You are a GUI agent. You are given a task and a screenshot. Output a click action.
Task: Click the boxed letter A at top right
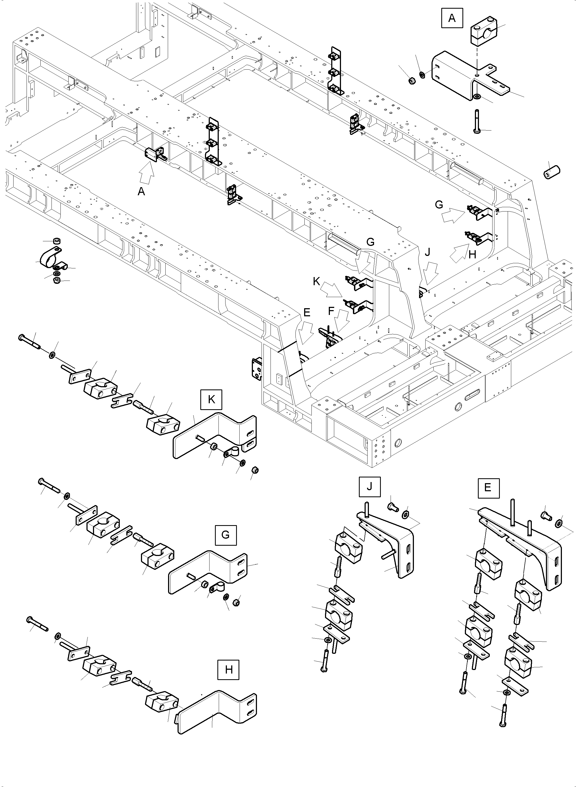[452, 18]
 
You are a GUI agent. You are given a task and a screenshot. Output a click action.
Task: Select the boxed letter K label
[211, 400]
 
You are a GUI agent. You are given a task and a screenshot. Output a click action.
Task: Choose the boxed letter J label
[369, 487]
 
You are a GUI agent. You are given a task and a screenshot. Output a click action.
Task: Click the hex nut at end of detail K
[255, 470]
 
